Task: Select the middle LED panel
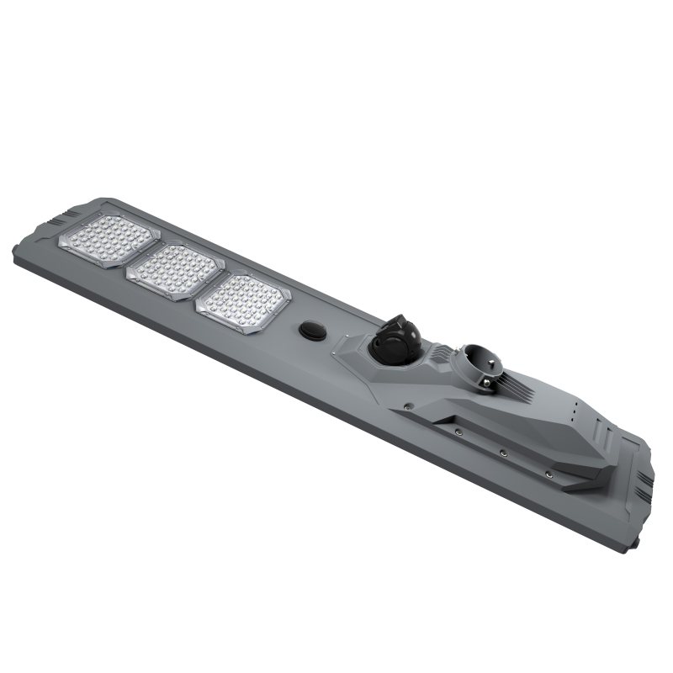[x=174, y=271]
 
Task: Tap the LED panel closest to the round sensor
[x=244, y=303]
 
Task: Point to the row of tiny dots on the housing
[x=573, y=413]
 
